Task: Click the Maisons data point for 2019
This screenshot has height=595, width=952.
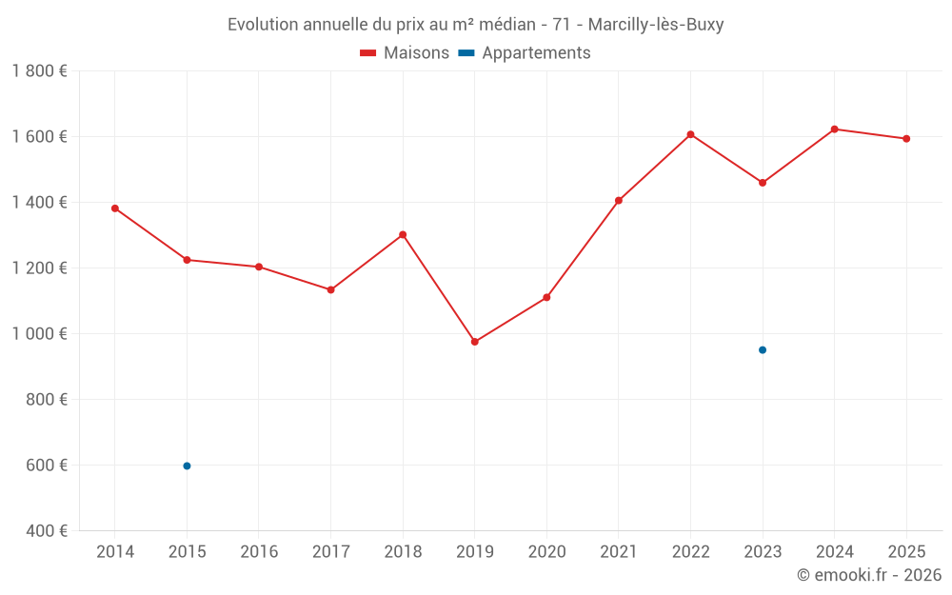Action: click(475, 342)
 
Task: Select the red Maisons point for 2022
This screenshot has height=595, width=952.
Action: click(690, 134)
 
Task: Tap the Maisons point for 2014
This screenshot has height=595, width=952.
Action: click(115, 208)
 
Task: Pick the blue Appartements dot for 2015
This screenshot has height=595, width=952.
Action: click(187, 466)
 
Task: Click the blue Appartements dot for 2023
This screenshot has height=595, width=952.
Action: click(763, 350)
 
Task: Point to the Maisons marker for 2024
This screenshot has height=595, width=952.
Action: click(834, 129)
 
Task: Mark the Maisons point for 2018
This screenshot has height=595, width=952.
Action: click(403, 234)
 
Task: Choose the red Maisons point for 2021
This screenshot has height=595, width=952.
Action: click(619, 201)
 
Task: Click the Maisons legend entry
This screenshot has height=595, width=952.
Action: click(405, 53)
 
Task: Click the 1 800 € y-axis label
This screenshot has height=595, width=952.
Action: click(39, 71)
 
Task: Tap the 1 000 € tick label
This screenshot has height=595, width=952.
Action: click(39, 334)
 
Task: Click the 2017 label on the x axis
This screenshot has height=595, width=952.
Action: click(330, 552)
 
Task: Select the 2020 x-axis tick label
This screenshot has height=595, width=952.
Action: click(546, 552)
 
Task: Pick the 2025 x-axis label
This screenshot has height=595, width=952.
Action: click(906, 552)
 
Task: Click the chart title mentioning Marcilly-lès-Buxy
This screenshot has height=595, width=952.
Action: click(475, 25)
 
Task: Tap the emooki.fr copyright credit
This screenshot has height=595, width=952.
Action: click(869, 575)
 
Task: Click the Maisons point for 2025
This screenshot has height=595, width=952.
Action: click(906, 139)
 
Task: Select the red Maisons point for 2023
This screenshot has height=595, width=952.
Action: click(763, 183)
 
